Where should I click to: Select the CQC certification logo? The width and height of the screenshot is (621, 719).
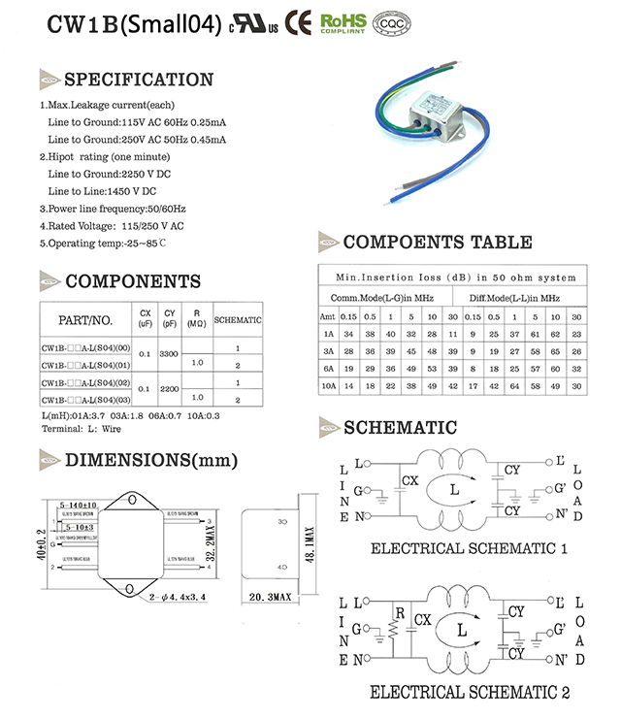click(391, 23)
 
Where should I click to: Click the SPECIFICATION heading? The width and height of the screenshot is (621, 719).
click(138, 80)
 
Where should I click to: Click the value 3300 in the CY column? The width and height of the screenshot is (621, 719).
click(170, 355)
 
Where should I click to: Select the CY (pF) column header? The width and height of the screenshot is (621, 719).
click(170, 319)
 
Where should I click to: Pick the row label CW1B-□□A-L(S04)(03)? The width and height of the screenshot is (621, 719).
click(86, 399)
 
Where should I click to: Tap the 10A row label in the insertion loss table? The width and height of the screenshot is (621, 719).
click(329, 385)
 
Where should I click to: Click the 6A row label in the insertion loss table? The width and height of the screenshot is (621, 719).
click(329, 368)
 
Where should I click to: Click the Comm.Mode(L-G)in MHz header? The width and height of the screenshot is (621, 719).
click(386, 298)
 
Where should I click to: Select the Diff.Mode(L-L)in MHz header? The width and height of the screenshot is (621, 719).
click(514, 298)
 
